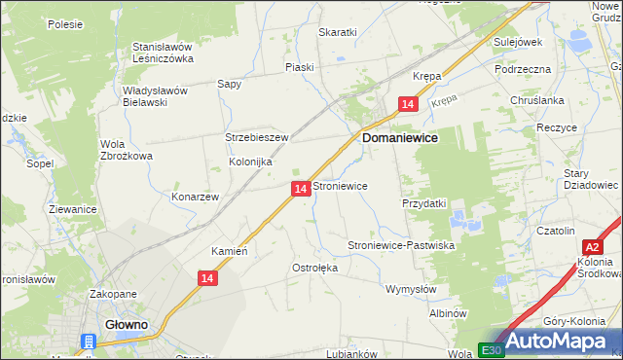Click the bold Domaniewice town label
[x=400, y=139]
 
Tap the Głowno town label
[x=127, y=326]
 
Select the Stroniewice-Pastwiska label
[x=402, y=246]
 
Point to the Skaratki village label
[x=338, y=32]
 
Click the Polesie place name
[x=64, y=23]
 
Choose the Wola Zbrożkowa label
[x=127, y=150]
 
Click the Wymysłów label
[x=412, y=289]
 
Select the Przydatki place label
[x=423, y=203]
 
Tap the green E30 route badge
[x=489, y=349]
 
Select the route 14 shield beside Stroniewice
[x=301, y=188]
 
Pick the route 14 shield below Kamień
[x=205, y=279]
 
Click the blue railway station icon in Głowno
[x=89, y=342]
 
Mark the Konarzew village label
[x=195, y=196]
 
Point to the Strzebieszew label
[x=257, y=137]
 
